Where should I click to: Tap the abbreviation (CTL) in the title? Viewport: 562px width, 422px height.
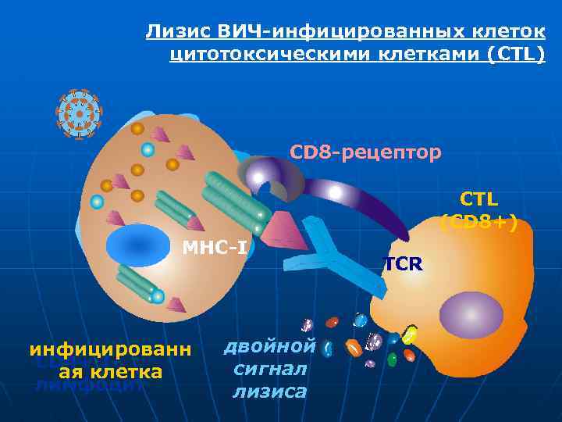[x=512, y=55]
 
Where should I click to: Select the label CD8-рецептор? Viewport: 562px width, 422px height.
[x=365, y=151]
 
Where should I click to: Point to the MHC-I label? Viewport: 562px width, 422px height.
[x=215, y=249]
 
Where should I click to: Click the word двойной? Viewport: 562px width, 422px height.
[x=270, y=347]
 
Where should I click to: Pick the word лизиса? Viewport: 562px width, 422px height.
[x=269, y=392]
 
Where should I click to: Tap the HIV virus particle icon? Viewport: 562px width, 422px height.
[x=79, y=114]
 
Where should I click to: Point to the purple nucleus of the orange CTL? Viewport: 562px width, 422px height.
[x=471, y=314]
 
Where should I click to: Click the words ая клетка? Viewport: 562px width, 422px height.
[x=105, y=372]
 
